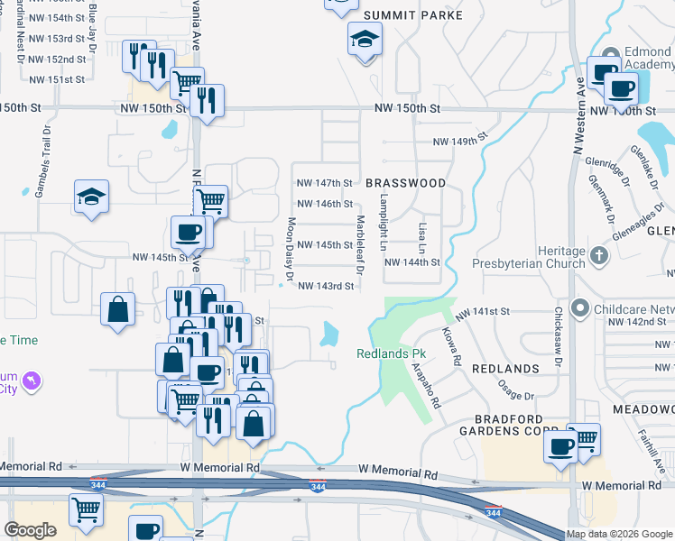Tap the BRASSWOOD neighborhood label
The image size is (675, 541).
pos(405,183)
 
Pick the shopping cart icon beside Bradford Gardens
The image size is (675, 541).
pos(585,440)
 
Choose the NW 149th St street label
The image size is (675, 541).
pos(460,142)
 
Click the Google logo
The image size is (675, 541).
pos(30,530)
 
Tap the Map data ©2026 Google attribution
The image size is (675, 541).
pos(618,534)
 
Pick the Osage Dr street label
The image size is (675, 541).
pos(516,390)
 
